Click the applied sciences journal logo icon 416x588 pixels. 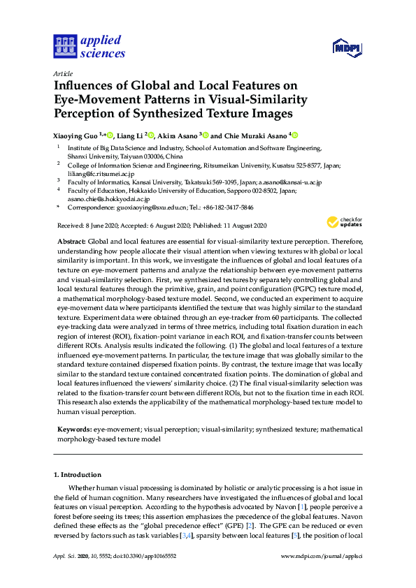(64, 46)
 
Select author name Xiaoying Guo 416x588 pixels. (76, 135)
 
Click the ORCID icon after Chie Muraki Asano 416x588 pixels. (294, 135)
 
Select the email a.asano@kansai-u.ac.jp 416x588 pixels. (288, 182)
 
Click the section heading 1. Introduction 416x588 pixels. (77, 474)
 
